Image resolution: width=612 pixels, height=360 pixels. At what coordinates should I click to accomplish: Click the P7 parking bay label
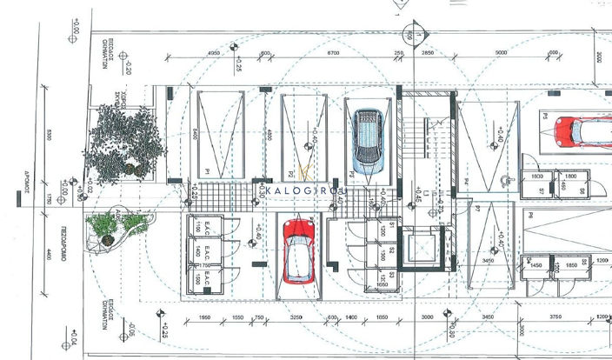(477, 209)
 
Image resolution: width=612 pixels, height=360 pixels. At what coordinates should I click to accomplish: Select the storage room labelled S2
(393, 251)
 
